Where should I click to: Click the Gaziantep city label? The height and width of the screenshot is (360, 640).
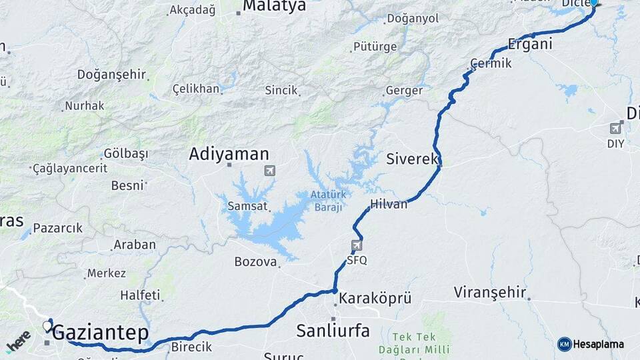click(x=101, y=332)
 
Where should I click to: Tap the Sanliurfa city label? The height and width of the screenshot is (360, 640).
click(x=333, y=330)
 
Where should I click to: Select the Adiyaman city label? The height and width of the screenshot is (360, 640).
click(x=229, y=154)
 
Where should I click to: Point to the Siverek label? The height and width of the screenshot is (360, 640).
click(x=412, y=159)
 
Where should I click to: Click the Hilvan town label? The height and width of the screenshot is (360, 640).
click(x=389, y=204)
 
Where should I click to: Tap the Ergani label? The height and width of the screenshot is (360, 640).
click(x=530, y=45)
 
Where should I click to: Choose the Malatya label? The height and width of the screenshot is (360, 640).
click(x=274, y=6)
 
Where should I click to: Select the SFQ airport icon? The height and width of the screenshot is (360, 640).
click(x=357, y=246)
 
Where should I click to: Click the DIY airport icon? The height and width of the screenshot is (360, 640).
click(x=615, y=128)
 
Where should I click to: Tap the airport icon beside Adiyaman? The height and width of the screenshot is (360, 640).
click(x=269, y=171)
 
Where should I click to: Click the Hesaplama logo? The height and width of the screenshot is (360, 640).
click(x=591, y=344)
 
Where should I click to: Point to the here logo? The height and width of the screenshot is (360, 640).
click(x=19, y=341)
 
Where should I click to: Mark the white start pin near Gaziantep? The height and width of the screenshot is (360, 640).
click(x=47, y=326)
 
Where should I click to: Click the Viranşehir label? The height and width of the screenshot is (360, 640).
click(x=491, y=292)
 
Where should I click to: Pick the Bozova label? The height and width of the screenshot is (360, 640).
click(x=255, y=262)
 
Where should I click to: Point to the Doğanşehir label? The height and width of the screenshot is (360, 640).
click(x=111, y=75)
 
